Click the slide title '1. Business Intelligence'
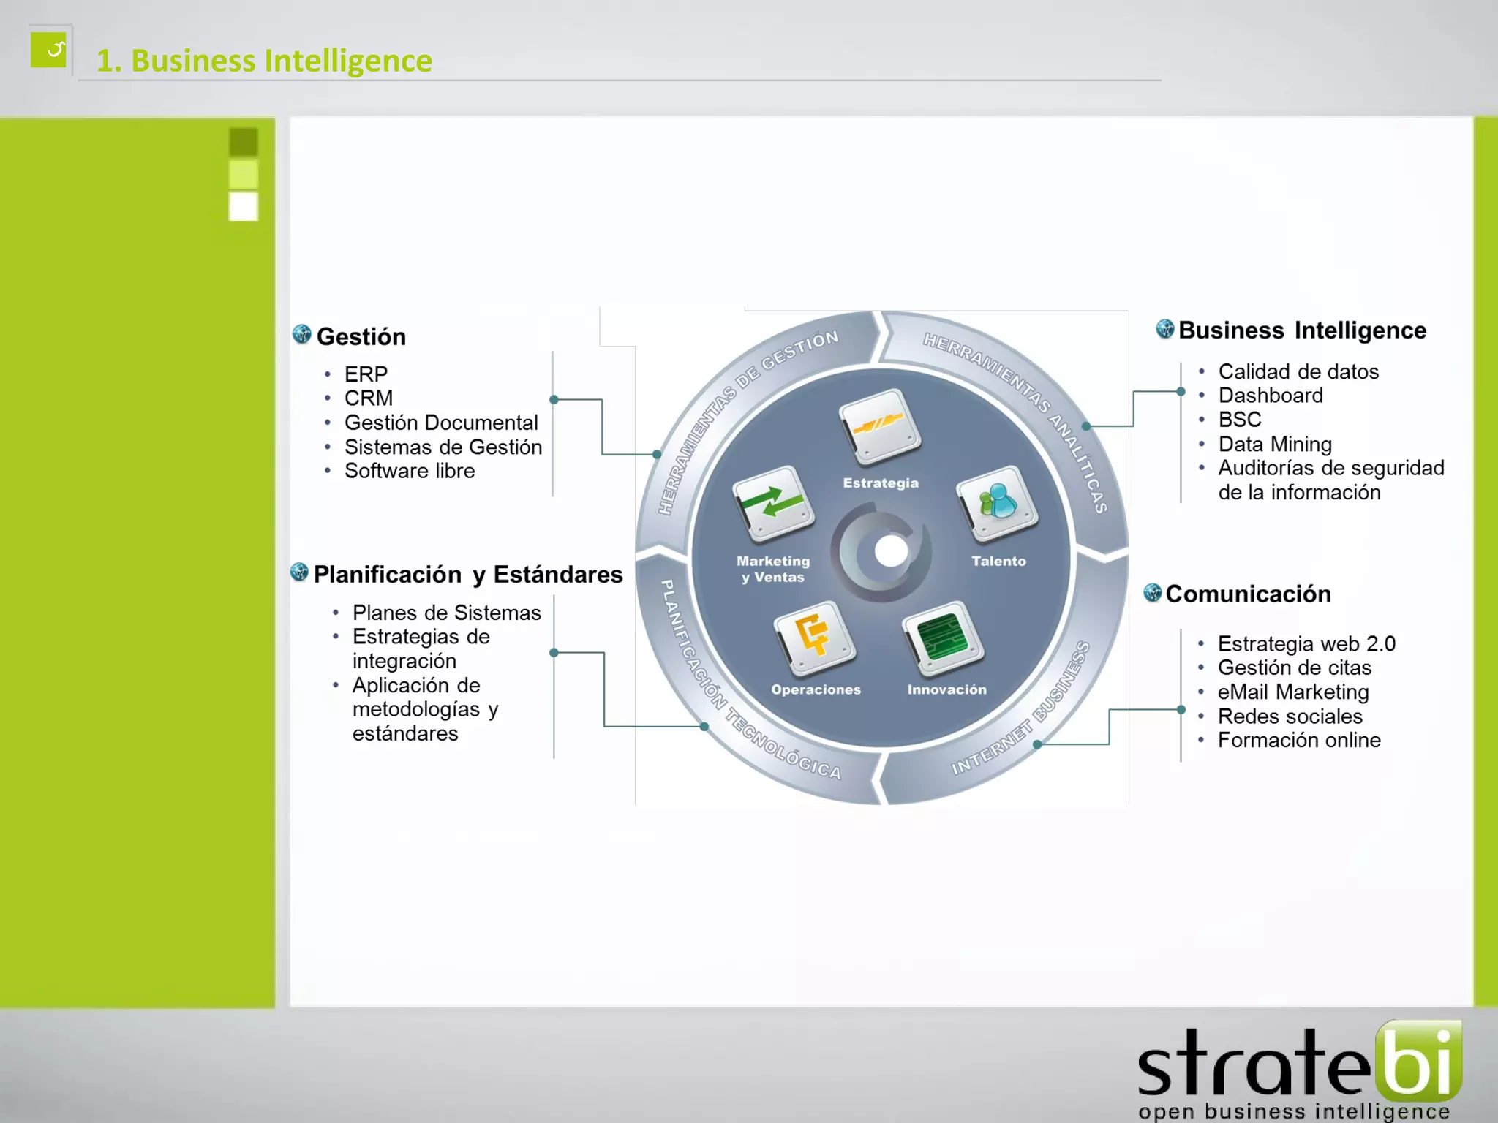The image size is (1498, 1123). pyautogui.click(x=264, y=61)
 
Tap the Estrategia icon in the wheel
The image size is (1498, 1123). pyautogui.click(x=880, y=427)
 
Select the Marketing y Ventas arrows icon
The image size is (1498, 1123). pyautogui.click(x=773, y=504)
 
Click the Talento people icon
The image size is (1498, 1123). pyautogui.click(x=998, y=504)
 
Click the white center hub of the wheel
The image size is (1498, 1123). pyautogui.click(x=890, y=551)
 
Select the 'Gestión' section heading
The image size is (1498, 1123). pyautogui.click(x=361, y=336)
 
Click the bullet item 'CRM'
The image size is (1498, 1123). pyautogui.click(x=369, y=398)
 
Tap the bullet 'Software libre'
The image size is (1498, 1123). pyautogui.click(x=410, y=471)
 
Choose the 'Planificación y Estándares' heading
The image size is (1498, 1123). pyautogui.click(x=467, y=575)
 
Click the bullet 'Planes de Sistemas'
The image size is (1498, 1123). pyautogui.click(x=446, y=613)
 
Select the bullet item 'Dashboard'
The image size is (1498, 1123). pyautogui.click(x=1271, y=396)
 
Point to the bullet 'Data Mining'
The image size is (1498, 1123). pyautogui.click(x=1275, y=444)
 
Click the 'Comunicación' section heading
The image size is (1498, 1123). pyautogui.click(x=1248, y=594)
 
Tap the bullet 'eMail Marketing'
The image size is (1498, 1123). pyautogui.click(x=1293, y=692)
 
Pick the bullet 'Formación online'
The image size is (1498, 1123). pyautogui.click(x=1299, y=740)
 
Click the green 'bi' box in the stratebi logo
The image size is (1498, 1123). pyautogui.click(x=1418, y=1061)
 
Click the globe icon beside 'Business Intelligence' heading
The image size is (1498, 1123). pyautogui.click(x=1164, y=329)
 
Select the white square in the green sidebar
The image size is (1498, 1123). pyautogui.click(x=244, y=206)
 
